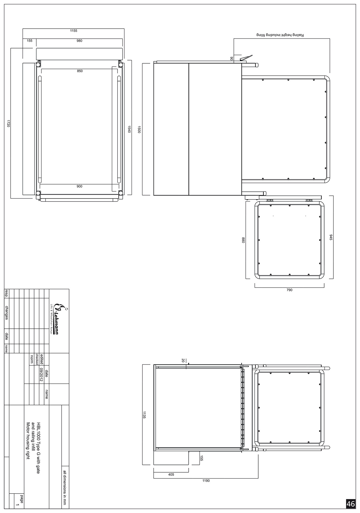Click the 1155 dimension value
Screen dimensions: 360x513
74,31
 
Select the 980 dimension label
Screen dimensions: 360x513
79,41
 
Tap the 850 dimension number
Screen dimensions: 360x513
80,71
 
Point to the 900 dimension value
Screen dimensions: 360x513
79,186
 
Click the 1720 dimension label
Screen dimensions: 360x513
9,124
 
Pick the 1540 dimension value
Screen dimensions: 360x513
129,129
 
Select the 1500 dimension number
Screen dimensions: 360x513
139,129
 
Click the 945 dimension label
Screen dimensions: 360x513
331,237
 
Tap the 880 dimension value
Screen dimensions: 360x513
243,240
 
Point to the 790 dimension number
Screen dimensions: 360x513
289,290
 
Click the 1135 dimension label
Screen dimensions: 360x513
144,415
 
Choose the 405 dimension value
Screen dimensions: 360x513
171,474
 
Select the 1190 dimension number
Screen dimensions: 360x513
206,481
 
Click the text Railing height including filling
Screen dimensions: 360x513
280,35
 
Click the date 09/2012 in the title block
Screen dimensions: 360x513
41,375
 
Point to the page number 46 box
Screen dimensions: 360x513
351,504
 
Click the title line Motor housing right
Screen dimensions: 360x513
28,441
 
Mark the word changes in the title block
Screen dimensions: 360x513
7,312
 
